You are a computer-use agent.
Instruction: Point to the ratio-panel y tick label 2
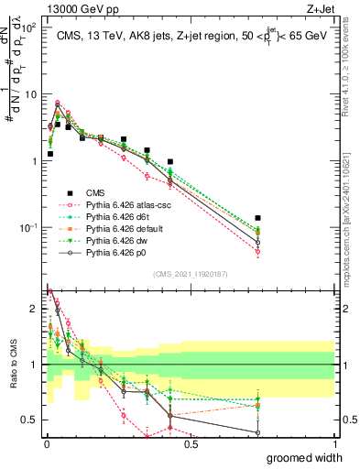[x=34, y=309]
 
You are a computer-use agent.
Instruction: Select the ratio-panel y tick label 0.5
[x=30, y=420]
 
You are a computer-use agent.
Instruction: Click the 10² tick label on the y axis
[x=27, y=27]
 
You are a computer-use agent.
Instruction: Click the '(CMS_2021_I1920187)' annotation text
[x=191, y=273]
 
